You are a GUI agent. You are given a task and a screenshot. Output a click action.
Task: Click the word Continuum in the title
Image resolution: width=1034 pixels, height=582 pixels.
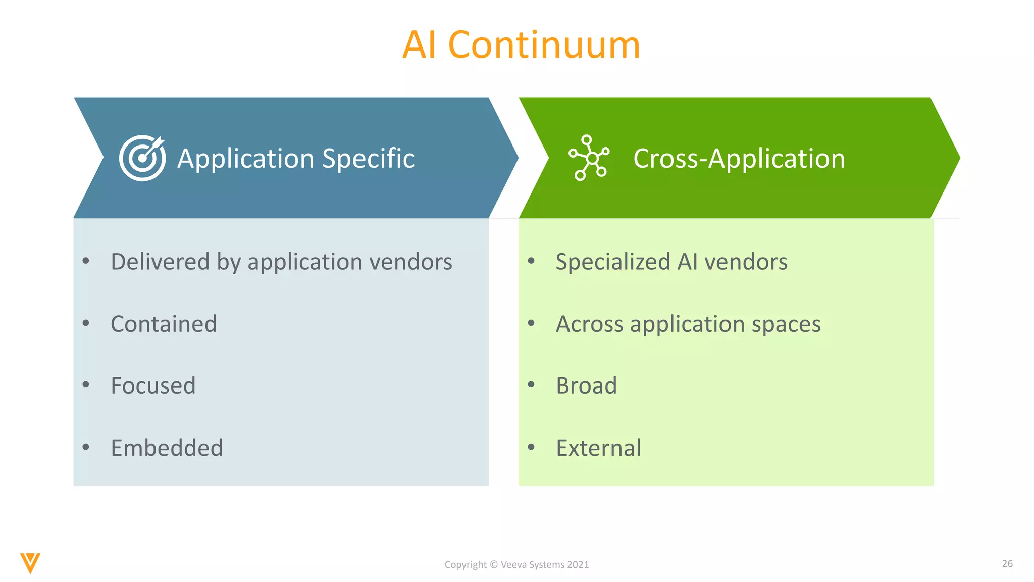click(x=544, y=44)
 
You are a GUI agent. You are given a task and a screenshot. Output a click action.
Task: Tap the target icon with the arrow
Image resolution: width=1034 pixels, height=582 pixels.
click(x=142, y=158)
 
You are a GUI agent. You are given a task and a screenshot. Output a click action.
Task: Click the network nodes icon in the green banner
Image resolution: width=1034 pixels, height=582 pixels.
click(x=589, y=158)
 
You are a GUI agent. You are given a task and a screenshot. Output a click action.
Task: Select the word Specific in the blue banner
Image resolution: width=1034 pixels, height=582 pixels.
click(x=368, y=159)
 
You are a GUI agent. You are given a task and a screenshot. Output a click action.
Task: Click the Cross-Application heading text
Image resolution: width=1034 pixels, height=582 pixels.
click(x=739, y=159)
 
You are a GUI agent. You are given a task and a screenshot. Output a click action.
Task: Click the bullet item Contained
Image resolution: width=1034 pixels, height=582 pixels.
click(x=164, y=324)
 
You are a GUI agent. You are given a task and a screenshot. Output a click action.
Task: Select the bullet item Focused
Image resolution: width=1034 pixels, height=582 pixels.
click(x=153, y=386)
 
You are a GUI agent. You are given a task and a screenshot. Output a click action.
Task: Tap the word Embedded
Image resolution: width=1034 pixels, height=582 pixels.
click(x=167, y=448)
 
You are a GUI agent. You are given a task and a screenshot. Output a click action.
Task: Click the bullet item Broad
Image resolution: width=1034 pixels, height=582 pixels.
click(x=586, y=386)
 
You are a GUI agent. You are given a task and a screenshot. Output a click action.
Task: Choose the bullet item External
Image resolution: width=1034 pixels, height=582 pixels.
click(x=598, y=448)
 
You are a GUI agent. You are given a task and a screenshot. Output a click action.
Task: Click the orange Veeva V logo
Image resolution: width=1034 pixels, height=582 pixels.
click(x=30, y=563)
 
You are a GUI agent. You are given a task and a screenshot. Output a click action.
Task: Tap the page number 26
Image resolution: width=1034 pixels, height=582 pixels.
click(x=1007, y=563)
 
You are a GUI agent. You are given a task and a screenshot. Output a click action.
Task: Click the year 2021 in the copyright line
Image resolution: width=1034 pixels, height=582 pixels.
click(x=578, y=565)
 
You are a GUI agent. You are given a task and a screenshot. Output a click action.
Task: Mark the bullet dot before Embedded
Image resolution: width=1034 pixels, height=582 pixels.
click(x=86, y=447)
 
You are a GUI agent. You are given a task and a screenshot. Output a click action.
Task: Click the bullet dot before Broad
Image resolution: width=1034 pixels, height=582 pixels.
click(x=531, y=384)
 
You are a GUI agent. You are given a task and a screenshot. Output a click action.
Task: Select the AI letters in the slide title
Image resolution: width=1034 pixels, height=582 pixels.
click(x=419, y=44)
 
